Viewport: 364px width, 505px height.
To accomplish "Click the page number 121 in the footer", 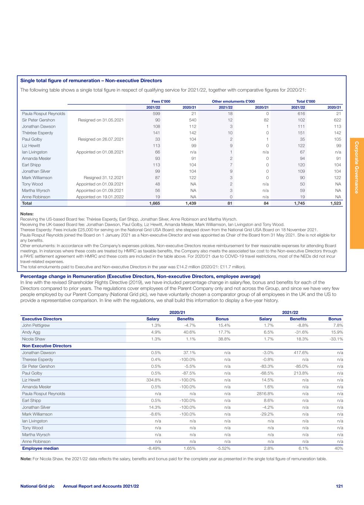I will [339, 486].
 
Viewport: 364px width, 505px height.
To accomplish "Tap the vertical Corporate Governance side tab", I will [357, 167].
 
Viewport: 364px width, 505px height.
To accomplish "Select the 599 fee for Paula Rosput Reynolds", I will [156, 114].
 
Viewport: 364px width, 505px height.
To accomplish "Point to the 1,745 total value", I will [299, 203].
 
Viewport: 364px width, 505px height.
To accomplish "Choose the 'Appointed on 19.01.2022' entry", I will [100, 197].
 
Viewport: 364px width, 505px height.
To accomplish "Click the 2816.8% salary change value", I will [263, 394].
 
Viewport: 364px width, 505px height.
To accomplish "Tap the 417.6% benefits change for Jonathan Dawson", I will [301, 353].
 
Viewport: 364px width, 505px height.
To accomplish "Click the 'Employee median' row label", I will [40, 448].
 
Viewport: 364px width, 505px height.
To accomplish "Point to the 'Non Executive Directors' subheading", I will [47, 346].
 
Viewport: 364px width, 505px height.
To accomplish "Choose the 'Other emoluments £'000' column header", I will [233, 101].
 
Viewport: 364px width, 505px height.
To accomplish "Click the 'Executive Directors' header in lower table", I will [42, 319].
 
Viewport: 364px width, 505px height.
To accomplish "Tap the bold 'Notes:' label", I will [27, 214].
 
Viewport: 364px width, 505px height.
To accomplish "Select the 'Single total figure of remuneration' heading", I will [91, 81].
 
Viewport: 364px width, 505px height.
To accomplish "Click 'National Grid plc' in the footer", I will [37, 486].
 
